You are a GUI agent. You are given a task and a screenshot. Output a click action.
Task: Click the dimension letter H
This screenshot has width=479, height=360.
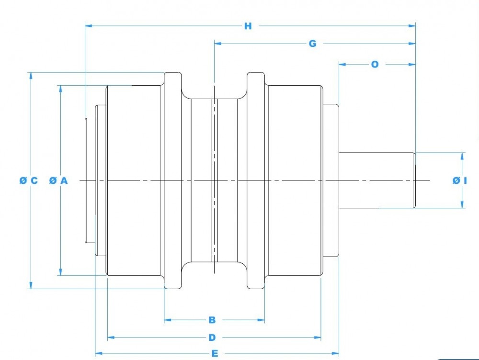point(248,26)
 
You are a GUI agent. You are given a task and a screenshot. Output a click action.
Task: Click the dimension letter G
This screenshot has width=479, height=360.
point(312,44)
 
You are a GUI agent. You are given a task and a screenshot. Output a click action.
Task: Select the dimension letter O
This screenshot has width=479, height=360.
point(375,64)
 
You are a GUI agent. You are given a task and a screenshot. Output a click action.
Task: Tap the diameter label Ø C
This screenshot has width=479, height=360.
point(29,180)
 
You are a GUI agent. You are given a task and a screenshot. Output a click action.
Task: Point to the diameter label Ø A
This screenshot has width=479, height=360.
point(59,180)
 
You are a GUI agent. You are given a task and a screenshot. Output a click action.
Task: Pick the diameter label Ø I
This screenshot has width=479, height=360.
point(459,180)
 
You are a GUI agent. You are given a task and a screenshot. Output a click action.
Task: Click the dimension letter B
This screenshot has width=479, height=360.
point(212,320)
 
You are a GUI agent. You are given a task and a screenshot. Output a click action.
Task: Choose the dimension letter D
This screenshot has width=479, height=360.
point(212,337)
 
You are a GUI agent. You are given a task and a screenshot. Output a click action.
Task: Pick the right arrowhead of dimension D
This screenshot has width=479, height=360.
point(318,337)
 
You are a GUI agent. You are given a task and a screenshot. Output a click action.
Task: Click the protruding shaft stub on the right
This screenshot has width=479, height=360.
point(376,180)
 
